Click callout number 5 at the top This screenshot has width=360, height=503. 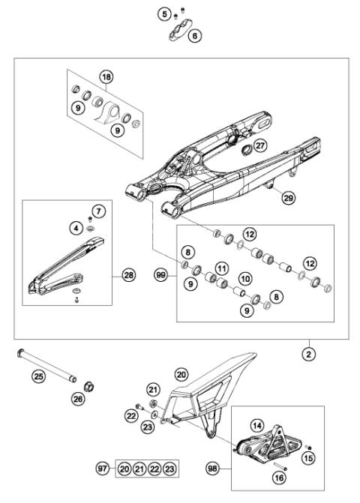(163, 13)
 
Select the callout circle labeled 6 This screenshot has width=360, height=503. (195, 35)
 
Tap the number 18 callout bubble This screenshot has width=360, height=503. (106, 77)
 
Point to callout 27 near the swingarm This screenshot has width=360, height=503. (259, 146)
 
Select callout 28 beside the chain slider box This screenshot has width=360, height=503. (130, 276)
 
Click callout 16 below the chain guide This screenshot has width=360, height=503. (278, 477)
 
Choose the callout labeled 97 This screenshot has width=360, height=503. (103, 469)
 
